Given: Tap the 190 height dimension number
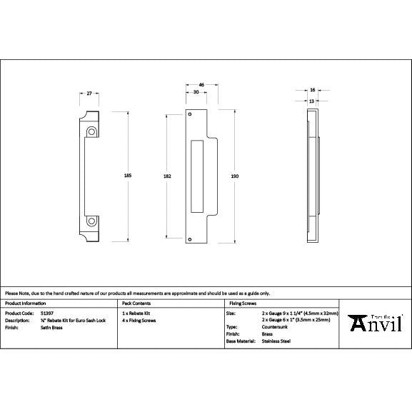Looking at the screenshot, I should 235,176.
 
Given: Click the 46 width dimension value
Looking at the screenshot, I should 201,85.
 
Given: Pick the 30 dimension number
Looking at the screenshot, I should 196,93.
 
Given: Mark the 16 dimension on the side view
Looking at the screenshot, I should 313,90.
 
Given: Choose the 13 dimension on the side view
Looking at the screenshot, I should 312,101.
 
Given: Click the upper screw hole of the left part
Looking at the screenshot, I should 92,131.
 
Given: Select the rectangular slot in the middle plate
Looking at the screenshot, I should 198,176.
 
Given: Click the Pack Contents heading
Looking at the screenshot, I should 136,303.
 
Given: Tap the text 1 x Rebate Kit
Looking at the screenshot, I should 136,313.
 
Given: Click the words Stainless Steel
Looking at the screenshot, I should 276,341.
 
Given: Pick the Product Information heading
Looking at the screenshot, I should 24,303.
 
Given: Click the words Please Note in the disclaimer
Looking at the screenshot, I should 16,293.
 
